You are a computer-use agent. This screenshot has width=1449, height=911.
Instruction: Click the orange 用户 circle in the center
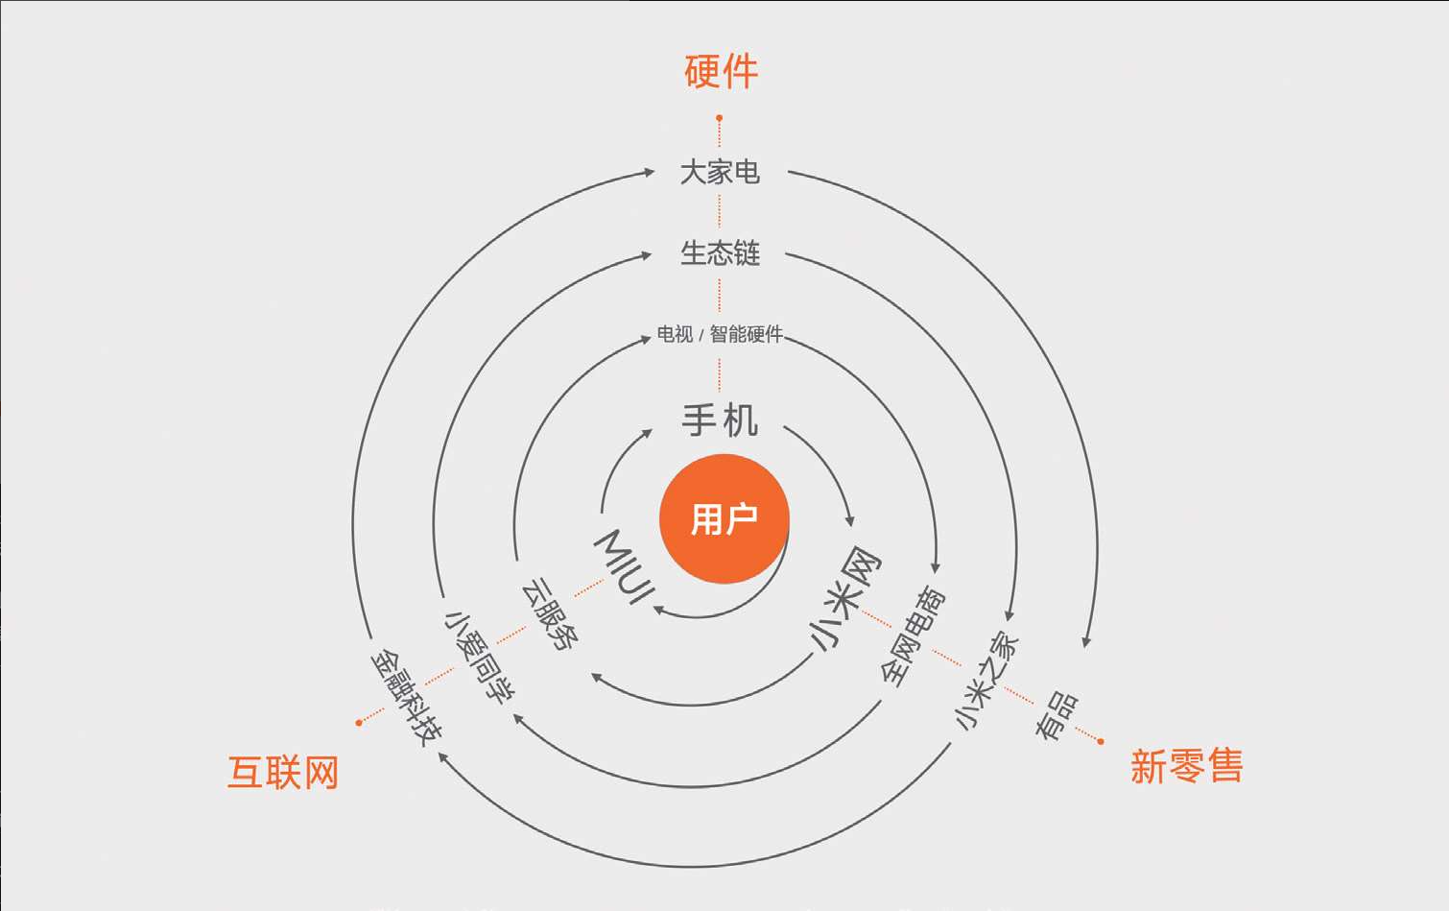(724, 519)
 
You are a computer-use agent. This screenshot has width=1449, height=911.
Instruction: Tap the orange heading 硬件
(722, 72)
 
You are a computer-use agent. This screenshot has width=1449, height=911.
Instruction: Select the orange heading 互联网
(283, 773)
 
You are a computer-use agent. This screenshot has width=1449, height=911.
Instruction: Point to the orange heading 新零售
(1186, 767)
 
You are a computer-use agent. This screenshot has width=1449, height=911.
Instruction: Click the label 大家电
(720, 173)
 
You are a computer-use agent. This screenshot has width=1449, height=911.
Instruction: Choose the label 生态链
(720, 253)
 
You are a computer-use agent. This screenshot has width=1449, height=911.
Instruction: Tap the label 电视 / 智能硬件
(720, 334)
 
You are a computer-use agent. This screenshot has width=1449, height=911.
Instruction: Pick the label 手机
(720, 420)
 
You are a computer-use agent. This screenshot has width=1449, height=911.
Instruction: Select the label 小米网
(843, 598)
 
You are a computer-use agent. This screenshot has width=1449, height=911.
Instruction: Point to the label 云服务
(550, 615)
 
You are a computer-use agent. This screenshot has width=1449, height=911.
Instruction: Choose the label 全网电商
(913, 636)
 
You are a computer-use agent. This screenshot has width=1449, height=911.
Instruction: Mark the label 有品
(1056, 716)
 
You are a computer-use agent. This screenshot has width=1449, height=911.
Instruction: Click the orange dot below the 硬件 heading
(719, 118)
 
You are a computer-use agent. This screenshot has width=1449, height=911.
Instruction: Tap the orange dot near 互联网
(359, 723)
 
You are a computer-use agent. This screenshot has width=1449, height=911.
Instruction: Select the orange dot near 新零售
(1101, 741)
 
